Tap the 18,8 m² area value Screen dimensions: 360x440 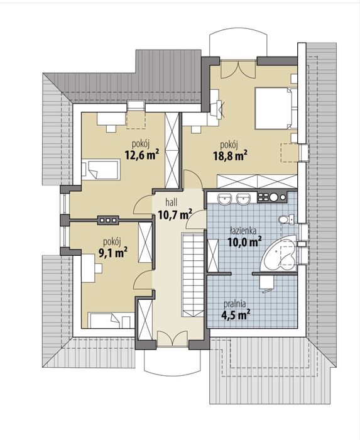click(230, 155)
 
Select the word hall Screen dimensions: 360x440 click(171, 202)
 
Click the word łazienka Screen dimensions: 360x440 click(243, 231)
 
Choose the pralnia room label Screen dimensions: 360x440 click(235, 304)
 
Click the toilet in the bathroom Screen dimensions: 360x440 click(286, 219)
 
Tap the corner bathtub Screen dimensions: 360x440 click(278, 254)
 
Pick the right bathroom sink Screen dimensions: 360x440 click(243, 199)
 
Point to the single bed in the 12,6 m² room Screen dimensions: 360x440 click(101, 170)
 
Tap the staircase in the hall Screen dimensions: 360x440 click(193, 275)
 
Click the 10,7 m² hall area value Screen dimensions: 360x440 click(175, 215)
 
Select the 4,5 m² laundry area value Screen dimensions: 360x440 click(236, 314)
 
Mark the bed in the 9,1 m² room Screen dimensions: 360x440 click(111, 320)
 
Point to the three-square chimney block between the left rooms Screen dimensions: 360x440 click(108, 220)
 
